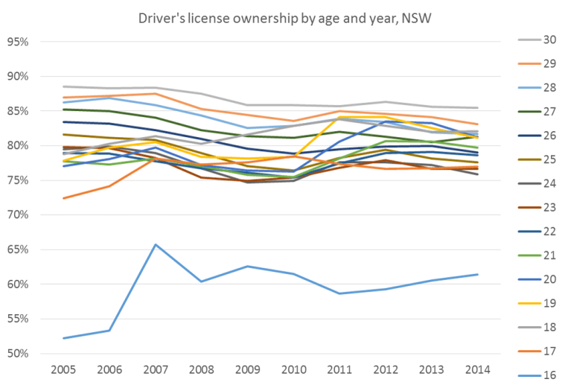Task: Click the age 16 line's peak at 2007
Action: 154,244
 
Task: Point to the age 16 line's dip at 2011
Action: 339,293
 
